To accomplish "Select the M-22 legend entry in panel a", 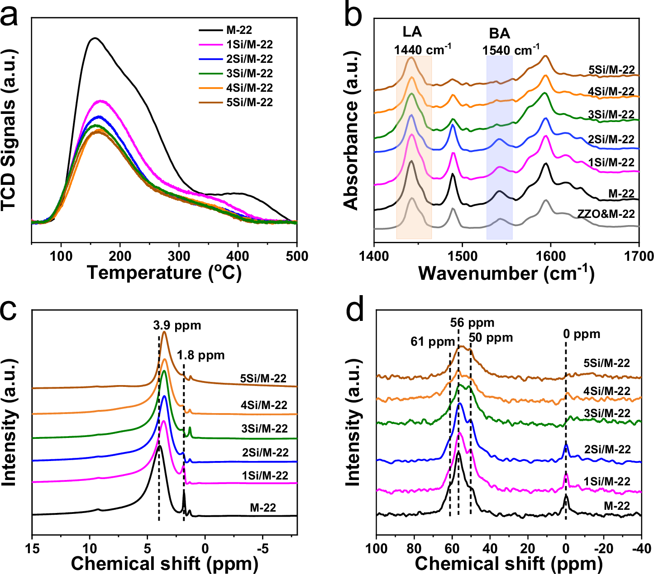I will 239,30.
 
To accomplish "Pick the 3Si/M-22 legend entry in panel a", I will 249,74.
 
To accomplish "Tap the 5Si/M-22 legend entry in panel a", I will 249,103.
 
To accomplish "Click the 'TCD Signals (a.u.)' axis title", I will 10,131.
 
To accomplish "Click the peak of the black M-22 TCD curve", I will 94,38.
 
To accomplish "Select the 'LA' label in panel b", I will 412,32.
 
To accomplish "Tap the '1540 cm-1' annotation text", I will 511,50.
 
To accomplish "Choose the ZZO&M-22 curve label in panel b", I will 606,214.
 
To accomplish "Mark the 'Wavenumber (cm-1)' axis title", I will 506,273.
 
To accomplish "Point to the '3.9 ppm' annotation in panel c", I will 177,325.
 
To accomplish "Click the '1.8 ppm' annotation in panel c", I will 201,355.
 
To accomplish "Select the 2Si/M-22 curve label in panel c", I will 265,452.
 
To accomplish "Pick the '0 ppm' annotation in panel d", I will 582,334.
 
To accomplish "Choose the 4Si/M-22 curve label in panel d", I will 606,391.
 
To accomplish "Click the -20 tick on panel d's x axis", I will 602,548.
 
